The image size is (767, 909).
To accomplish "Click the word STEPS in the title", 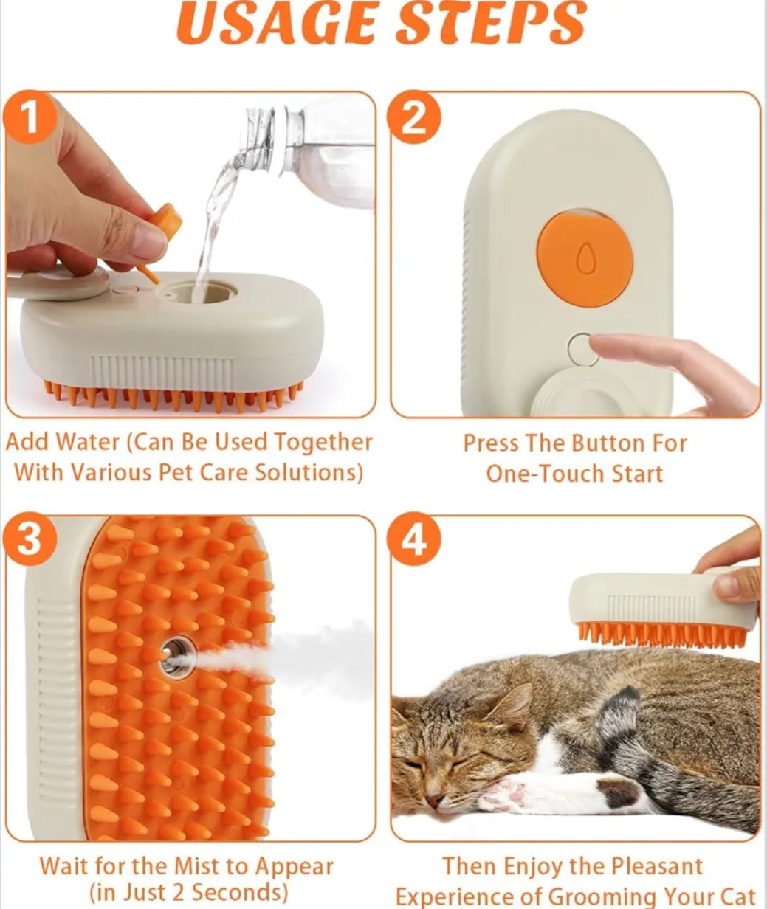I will pos(492,25).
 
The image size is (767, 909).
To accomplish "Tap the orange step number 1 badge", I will pos(29,119).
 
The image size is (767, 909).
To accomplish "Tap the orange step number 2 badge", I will pos(414,119).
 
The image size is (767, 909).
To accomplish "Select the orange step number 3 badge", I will pos(29,541).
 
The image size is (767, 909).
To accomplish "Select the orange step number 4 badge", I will pos(414,541).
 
